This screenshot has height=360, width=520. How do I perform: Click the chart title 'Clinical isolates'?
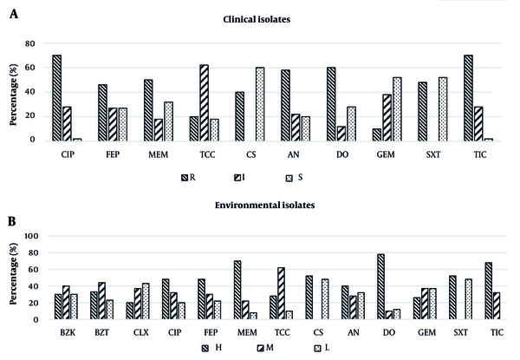coord(257,19)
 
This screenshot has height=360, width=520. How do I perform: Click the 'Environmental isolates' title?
coord(264,205)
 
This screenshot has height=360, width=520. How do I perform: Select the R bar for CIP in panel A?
coord(56,98)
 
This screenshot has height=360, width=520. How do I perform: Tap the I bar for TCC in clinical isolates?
coord(205,103)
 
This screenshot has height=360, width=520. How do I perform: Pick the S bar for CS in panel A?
coord(260,104)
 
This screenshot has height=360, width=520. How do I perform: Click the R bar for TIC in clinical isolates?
coord(469,98)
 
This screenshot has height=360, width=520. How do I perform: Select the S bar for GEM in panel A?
coord(397,109)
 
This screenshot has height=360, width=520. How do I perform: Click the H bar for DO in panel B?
coord(380,286)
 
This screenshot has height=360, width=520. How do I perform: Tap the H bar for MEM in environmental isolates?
coord(237,290)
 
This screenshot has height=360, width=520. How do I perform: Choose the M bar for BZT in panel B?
coord(101,301)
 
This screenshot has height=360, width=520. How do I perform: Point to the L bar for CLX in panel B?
coord(146,301)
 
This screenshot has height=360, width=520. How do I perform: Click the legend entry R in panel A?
coord(188,178)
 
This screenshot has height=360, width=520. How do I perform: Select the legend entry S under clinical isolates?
coord(294,178)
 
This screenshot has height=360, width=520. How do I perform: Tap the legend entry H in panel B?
coord(212,348)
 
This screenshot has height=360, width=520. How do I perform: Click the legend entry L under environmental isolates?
coord(322,348)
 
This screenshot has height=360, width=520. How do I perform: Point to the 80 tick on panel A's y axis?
coord(30,43)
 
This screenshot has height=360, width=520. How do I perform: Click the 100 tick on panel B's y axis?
coord(32,236)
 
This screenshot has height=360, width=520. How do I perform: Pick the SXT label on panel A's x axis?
coord(433,154)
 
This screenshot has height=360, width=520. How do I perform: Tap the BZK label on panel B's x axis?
coord(68,332)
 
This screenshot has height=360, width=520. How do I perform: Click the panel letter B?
coord(12,221)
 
